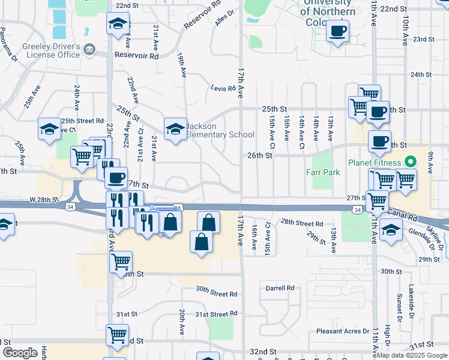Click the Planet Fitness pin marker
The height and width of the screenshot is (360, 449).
point(411,161)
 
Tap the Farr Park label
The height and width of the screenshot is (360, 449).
point(323,173)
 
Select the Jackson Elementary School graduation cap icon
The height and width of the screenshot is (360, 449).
point(175,129)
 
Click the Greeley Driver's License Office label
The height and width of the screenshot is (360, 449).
point(51,50)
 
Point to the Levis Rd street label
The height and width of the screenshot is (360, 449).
point(222,88)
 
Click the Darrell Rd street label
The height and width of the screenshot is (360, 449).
point(280,288)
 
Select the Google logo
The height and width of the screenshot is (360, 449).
point(20,352)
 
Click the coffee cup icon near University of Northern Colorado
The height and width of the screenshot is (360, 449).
point(338,31)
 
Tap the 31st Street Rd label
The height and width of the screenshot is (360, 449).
point(216,314)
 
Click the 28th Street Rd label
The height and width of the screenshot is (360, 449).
point(302,223)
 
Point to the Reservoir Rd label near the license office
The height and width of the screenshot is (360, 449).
point(137,55)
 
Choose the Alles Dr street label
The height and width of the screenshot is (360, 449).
point(224,17)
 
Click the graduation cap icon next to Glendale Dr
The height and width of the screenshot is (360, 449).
point(391,230)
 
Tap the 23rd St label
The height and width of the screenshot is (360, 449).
point(423,39)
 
